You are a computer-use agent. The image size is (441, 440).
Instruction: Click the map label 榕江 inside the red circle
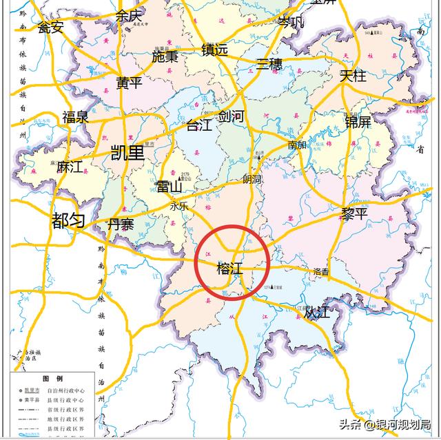[x=229, y=269]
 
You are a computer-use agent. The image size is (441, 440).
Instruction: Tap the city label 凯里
[x=127, y=152]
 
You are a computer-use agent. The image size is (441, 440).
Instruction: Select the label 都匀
[x=68, y=221]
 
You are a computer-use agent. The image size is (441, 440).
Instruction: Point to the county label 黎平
[x=355, y=215]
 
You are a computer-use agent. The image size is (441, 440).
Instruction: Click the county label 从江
[x=317, y=313]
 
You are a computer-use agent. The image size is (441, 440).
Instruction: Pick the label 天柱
[x=353, y=76]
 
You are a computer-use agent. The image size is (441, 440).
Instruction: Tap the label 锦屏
[x=358, y=122]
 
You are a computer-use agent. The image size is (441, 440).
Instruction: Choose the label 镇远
[x=214, y=50]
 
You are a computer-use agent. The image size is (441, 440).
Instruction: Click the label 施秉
[x=165, y=57]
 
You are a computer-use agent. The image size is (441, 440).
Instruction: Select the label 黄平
[x=129, y=83]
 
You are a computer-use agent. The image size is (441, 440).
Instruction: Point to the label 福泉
[x=75, y=117]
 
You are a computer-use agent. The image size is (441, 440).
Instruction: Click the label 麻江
[x=70, y=167]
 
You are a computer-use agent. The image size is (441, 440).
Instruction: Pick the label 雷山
[x=169, y=187]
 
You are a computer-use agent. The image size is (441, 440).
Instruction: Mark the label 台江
[x=200, y=125]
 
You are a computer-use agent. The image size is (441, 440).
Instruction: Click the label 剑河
[x=231, y=116]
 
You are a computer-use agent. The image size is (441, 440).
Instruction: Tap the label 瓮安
[x=50, y=28]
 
